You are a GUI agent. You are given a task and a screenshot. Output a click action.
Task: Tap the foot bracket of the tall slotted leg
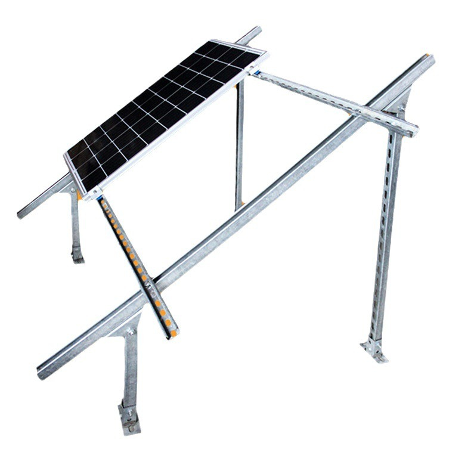(x=374, y=351)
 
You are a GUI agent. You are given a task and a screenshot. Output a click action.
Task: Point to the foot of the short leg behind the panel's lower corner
(x=78, y=255)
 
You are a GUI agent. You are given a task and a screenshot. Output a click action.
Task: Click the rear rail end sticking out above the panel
(x=255, y=30)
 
